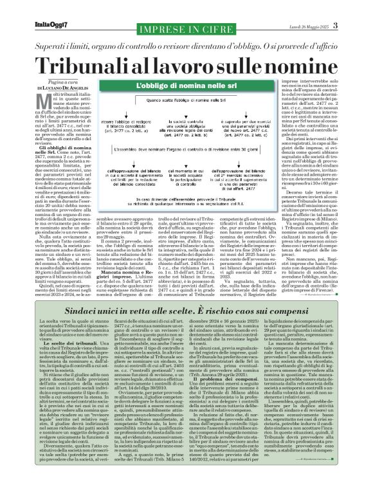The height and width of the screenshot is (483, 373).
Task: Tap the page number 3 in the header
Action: click(361, 7)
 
